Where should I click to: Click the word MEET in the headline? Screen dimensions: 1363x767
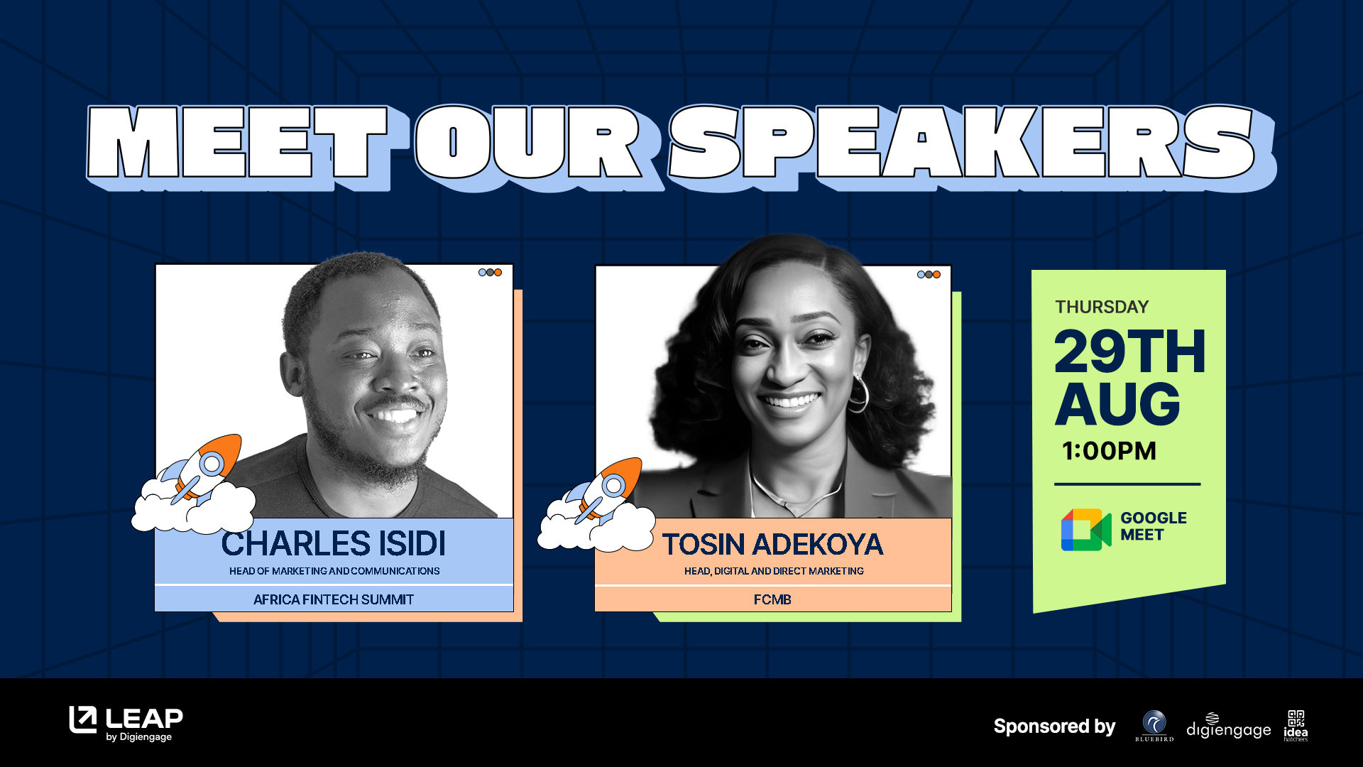238,142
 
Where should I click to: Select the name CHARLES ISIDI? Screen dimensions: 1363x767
334,543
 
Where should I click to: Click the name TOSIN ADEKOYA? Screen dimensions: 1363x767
773,545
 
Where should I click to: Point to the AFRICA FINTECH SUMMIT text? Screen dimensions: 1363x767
334,599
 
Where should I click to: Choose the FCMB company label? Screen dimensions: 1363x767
772,599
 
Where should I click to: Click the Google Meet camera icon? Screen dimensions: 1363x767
1085,530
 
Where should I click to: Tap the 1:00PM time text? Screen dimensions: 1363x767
1109,451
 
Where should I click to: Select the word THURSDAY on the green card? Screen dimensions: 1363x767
1102,307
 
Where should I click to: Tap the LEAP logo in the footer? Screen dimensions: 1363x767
126,724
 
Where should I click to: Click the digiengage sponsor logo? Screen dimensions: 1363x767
1229,727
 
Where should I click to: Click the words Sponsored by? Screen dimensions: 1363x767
1054,727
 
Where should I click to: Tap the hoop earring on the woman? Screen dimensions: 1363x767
860,393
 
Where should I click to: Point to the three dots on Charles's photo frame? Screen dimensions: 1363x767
490,273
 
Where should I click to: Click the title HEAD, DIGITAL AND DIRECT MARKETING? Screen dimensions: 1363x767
774,571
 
